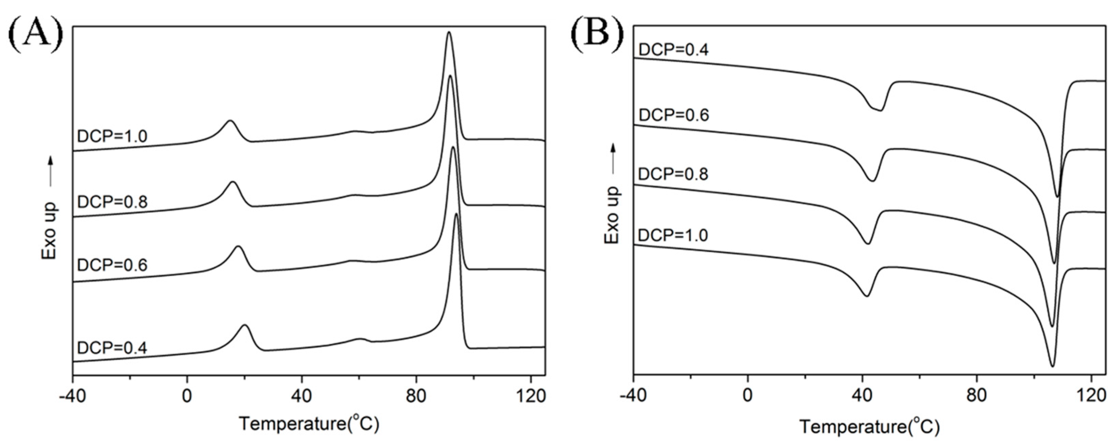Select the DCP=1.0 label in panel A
(112, 136)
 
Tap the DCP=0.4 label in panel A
(112, 348)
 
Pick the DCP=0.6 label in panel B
(673, 115)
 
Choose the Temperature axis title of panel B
(869, 427)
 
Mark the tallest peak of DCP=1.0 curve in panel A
(449, 32)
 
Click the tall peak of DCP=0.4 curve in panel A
(456, 214)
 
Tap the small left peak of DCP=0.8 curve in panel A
(233, 182)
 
